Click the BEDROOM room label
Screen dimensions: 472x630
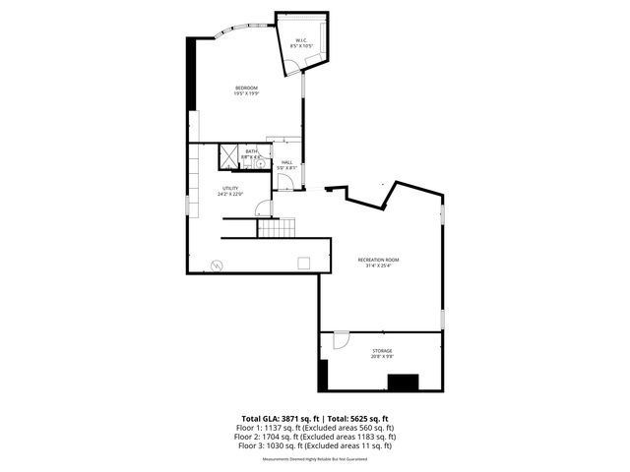click(x=246, y=88)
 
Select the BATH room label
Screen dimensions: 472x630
click(x=251, y=150)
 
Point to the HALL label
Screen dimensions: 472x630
click(x=287, y=162)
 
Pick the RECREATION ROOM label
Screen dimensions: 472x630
click(x=378, y=260)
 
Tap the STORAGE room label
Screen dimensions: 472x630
click(x=382, y=350)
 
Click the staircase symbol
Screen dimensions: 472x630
click(x=276, y=228)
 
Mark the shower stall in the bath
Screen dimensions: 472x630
click(x=228, y=154)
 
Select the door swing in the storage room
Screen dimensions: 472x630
click(x=341, y=339)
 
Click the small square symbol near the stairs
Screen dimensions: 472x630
click(x=304, y=262)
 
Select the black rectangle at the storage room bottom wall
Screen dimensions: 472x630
click(x=404, y=382)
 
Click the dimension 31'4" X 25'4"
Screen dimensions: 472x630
click(x=378, y=265)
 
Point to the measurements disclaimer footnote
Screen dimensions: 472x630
click(x=314, y=459)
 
